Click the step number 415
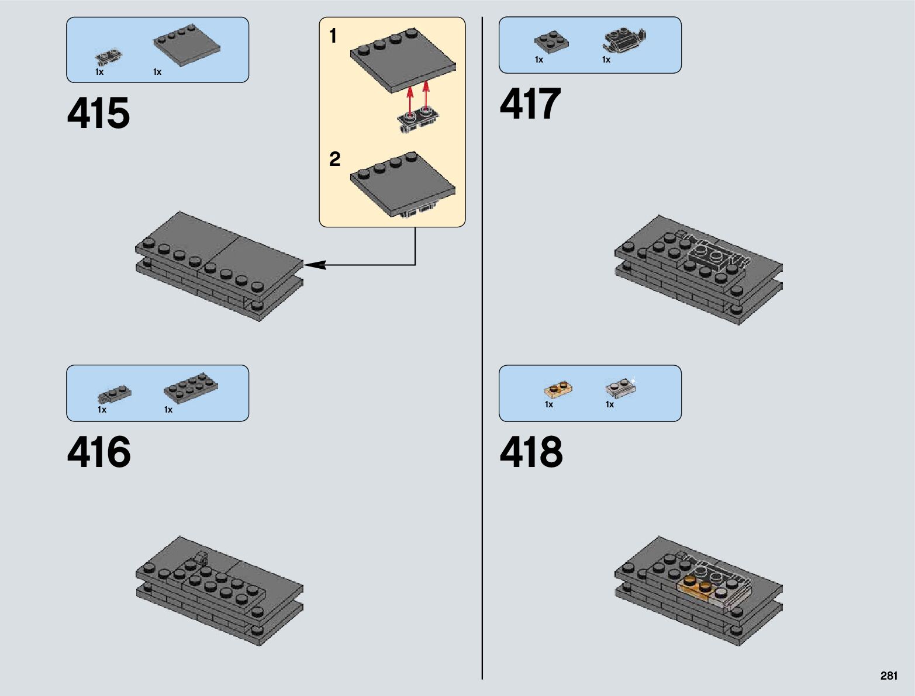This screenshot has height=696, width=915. point(98,113)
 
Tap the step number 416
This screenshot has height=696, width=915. point(99,452)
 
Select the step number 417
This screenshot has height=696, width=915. point(530,104)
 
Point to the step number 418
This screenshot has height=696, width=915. point(531,452)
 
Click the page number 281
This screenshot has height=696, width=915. point(888,676)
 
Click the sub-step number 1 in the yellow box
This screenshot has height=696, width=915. point(333,36)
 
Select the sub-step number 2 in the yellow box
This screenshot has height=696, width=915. point(334,159)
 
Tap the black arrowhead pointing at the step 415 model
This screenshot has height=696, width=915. point(314,265)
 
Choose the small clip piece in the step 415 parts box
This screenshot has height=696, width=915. point(109,57)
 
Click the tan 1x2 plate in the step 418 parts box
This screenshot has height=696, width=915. point(558,389)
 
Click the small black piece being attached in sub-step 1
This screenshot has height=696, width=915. point(416,119)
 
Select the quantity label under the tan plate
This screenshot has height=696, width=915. point(549,404)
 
